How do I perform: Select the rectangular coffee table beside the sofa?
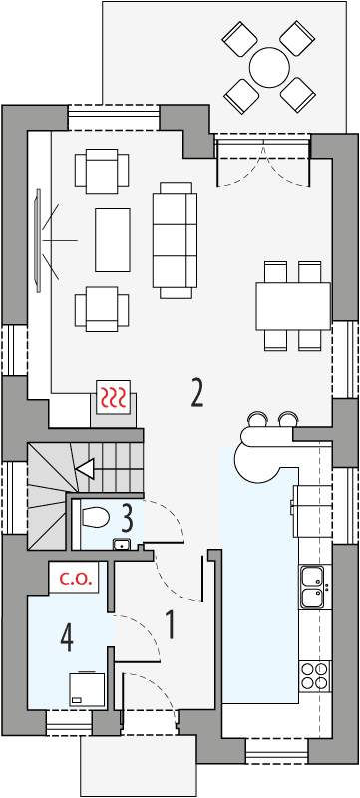click(x=112, y=239)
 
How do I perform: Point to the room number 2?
click(x=197, y=393)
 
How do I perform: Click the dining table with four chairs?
click(x=293, y=305)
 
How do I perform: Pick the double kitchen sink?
click(x=312, y=587)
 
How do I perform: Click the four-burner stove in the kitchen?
click(x=313, y=676)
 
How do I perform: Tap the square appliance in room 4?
click(x=86, y=687)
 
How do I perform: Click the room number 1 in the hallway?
click(x=170, y=625)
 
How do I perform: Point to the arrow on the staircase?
click(x=85, y=468)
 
